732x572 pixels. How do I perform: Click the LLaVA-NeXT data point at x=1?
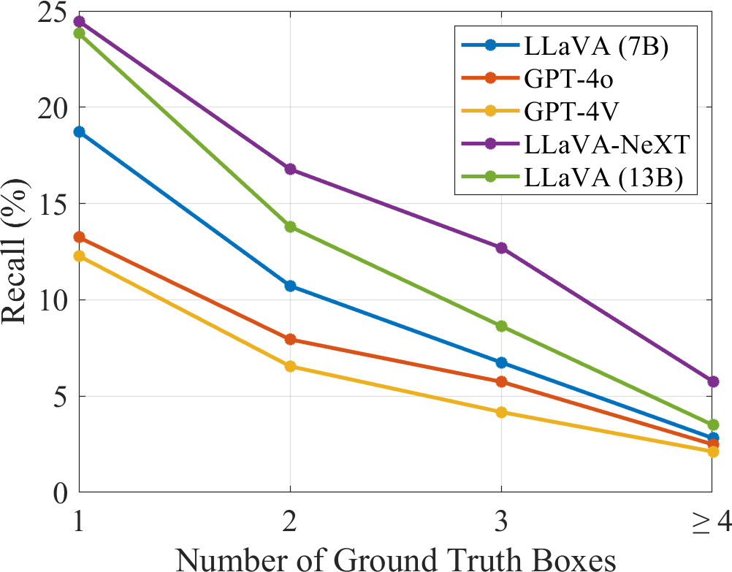(x=79, y=21)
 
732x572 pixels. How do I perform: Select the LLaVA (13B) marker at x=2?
(x=290, y=226)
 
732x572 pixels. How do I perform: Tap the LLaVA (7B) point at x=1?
(x=79, y=132)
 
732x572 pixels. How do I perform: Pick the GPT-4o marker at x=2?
(x=290, y=339)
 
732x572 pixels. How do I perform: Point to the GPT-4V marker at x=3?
(x=501, y=412)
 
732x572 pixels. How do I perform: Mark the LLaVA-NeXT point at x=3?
(x=501, y=248)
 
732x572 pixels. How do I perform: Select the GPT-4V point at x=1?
(x=79, y=256)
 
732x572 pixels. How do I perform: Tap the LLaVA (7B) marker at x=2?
(x=290, y=286)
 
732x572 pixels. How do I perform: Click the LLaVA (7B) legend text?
(x=596, y=45)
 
